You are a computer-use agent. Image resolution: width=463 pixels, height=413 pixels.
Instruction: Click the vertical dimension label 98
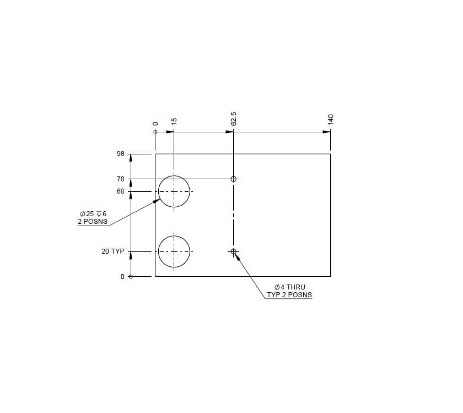pos(121,154)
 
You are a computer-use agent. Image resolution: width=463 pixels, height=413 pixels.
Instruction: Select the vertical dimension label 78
pos(121,179)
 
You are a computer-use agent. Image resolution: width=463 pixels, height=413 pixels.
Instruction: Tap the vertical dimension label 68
pos(121,192)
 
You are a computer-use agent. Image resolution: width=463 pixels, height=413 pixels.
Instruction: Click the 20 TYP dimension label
pos(112,251)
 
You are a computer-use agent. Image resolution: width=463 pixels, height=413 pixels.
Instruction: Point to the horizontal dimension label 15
pos(174,121)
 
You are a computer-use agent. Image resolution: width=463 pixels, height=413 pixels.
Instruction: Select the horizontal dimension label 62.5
pos(234,119)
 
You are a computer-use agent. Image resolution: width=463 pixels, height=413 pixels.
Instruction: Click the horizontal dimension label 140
pos(331,120)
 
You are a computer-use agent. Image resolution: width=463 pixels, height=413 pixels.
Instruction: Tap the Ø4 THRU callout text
pos(289,287)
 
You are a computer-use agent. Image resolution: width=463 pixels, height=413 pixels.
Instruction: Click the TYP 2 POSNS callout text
pos(289,295)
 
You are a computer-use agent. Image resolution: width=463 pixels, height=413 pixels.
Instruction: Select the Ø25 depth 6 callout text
pos(93,214)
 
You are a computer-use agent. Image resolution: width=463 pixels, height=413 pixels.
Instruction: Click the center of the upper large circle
pos(174,191)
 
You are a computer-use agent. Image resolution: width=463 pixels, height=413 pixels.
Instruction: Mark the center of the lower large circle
pos(174,251)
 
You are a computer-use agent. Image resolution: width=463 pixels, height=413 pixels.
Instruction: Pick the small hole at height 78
pos(234,179)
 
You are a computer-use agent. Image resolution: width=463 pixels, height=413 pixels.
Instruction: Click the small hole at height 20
pos(234,251)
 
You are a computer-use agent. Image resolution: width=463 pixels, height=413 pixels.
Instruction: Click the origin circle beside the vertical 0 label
pos(131,276)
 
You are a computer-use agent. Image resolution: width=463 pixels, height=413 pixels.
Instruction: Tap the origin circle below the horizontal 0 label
pos(155,132)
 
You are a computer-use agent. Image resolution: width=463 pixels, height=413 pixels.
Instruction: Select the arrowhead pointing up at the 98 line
pos(131,158)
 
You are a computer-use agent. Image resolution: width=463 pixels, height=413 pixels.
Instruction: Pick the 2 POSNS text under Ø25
pos(93,222)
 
